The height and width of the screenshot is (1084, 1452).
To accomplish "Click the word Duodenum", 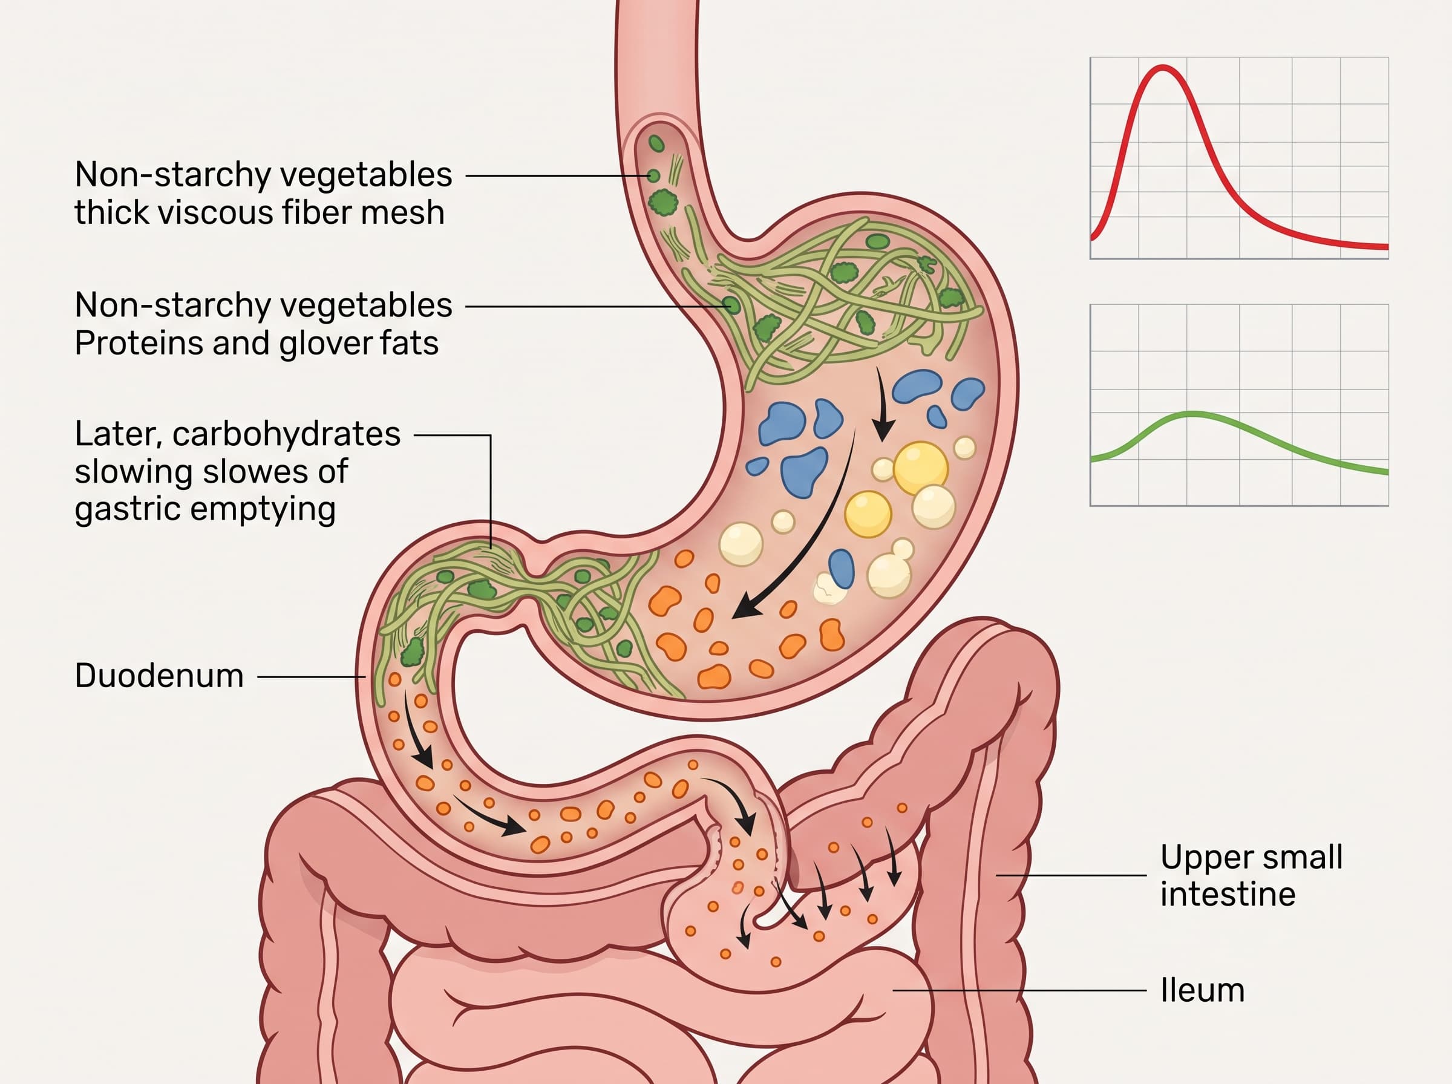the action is click(160, 676).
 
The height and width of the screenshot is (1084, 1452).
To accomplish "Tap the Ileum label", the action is click(1202, 990).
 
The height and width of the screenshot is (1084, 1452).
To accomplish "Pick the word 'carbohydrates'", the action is click(287, 434).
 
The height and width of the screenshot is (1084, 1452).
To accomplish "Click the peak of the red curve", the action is click(1163, 67).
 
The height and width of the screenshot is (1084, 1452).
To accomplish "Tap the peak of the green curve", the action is click(1192, 413).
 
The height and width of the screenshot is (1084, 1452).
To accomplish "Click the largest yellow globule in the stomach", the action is click(921, 468).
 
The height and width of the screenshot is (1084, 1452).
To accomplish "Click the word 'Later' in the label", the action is click(119, 435).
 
